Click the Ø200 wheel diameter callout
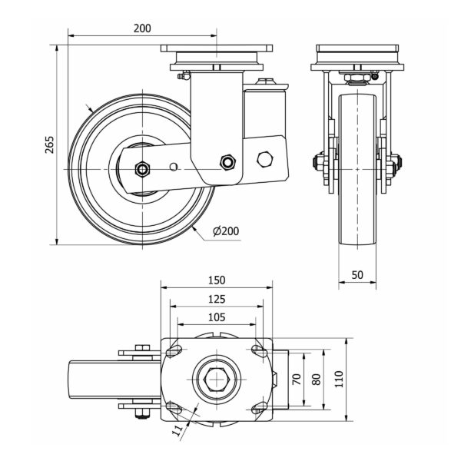224,231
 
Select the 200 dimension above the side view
141,28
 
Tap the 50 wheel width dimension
358,274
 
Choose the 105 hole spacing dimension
216,317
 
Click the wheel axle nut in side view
142,169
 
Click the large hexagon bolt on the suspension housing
266,159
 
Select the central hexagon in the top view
216,378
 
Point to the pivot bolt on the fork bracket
226,161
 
